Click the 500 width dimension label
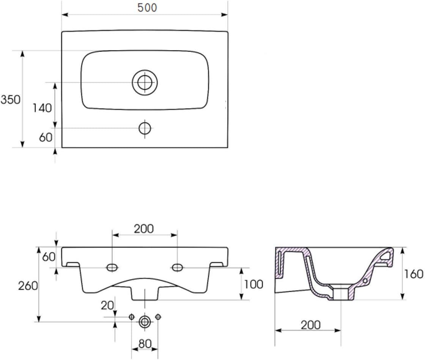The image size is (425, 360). point(147,8)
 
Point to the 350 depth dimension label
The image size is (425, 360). point(11,100)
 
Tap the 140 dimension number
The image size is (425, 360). point(42,108)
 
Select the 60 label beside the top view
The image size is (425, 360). point(46,137)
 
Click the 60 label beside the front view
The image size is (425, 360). point(49,257)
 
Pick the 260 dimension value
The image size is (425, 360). point(28,286)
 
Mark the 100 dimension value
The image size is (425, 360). point(254,285)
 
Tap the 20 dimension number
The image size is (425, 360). point(107,305)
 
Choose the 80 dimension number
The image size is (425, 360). point(145,344)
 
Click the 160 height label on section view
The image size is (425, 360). point(414,274)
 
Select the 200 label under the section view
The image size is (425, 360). point(311,325)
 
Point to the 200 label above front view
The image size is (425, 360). point(144,229)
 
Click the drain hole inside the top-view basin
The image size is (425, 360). point(145,82)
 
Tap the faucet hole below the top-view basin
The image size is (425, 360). point(145,128)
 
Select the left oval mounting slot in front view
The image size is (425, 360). point(112,268)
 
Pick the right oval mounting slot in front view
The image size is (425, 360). point(177,268)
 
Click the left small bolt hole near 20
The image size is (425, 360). point(131,317)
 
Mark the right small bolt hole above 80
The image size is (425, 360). point(158,317)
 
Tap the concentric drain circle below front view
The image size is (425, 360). point(145,322)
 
